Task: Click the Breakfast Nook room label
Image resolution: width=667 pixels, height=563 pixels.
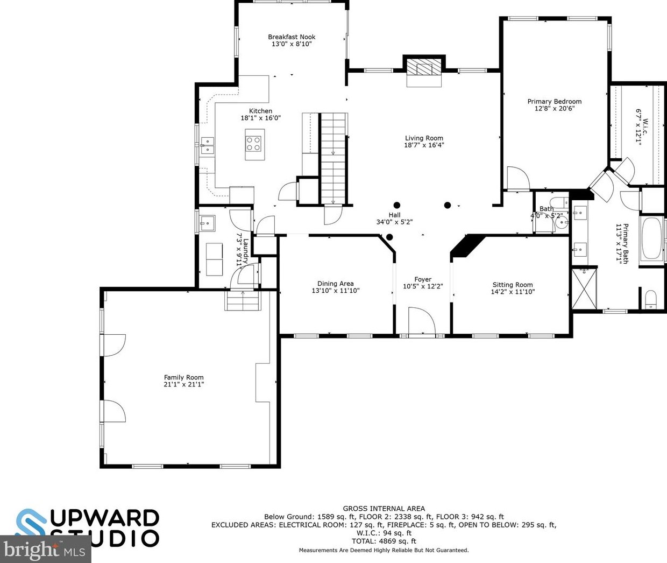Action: (x=292, y=37)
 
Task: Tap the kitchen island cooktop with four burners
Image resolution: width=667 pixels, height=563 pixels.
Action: (x=254, y=143)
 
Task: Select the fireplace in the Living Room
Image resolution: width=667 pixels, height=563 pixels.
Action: (x=424, y=71)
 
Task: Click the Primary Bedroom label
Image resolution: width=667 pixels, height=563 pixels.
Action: (x=554, y=101)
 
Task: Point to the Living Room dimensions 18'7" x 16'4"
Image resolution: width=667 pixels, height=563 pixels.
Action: (x=424, y=145)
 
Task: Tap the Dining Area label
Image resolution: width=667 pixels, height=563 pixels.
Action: (x=335, y=284)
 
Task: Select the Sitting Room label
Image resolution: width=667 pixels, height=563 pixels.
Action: (x=512, y=285)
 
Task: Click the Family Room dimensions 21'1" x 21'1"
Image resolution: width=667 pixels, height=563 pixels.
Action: (x=183, y=384)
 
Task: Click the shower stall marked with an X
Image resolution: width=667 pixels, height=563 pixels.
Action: (x=584, y=288)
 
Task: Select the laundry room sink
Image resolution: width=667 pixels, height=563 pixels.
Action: (x=207, y=222)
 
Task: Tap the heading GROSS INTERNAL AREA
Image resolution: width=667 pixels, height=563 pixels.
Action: (x=384, y=508)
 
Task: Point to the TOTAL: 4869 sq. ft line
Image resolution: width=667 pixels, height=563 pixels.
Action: (x=384, y=541)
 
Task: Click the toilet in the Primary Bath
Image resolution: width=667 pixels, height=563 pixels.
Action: (x=650, y=299)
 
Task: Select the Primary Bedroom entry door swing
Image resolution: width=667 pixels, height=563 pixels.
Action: (x=516, y=179)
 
